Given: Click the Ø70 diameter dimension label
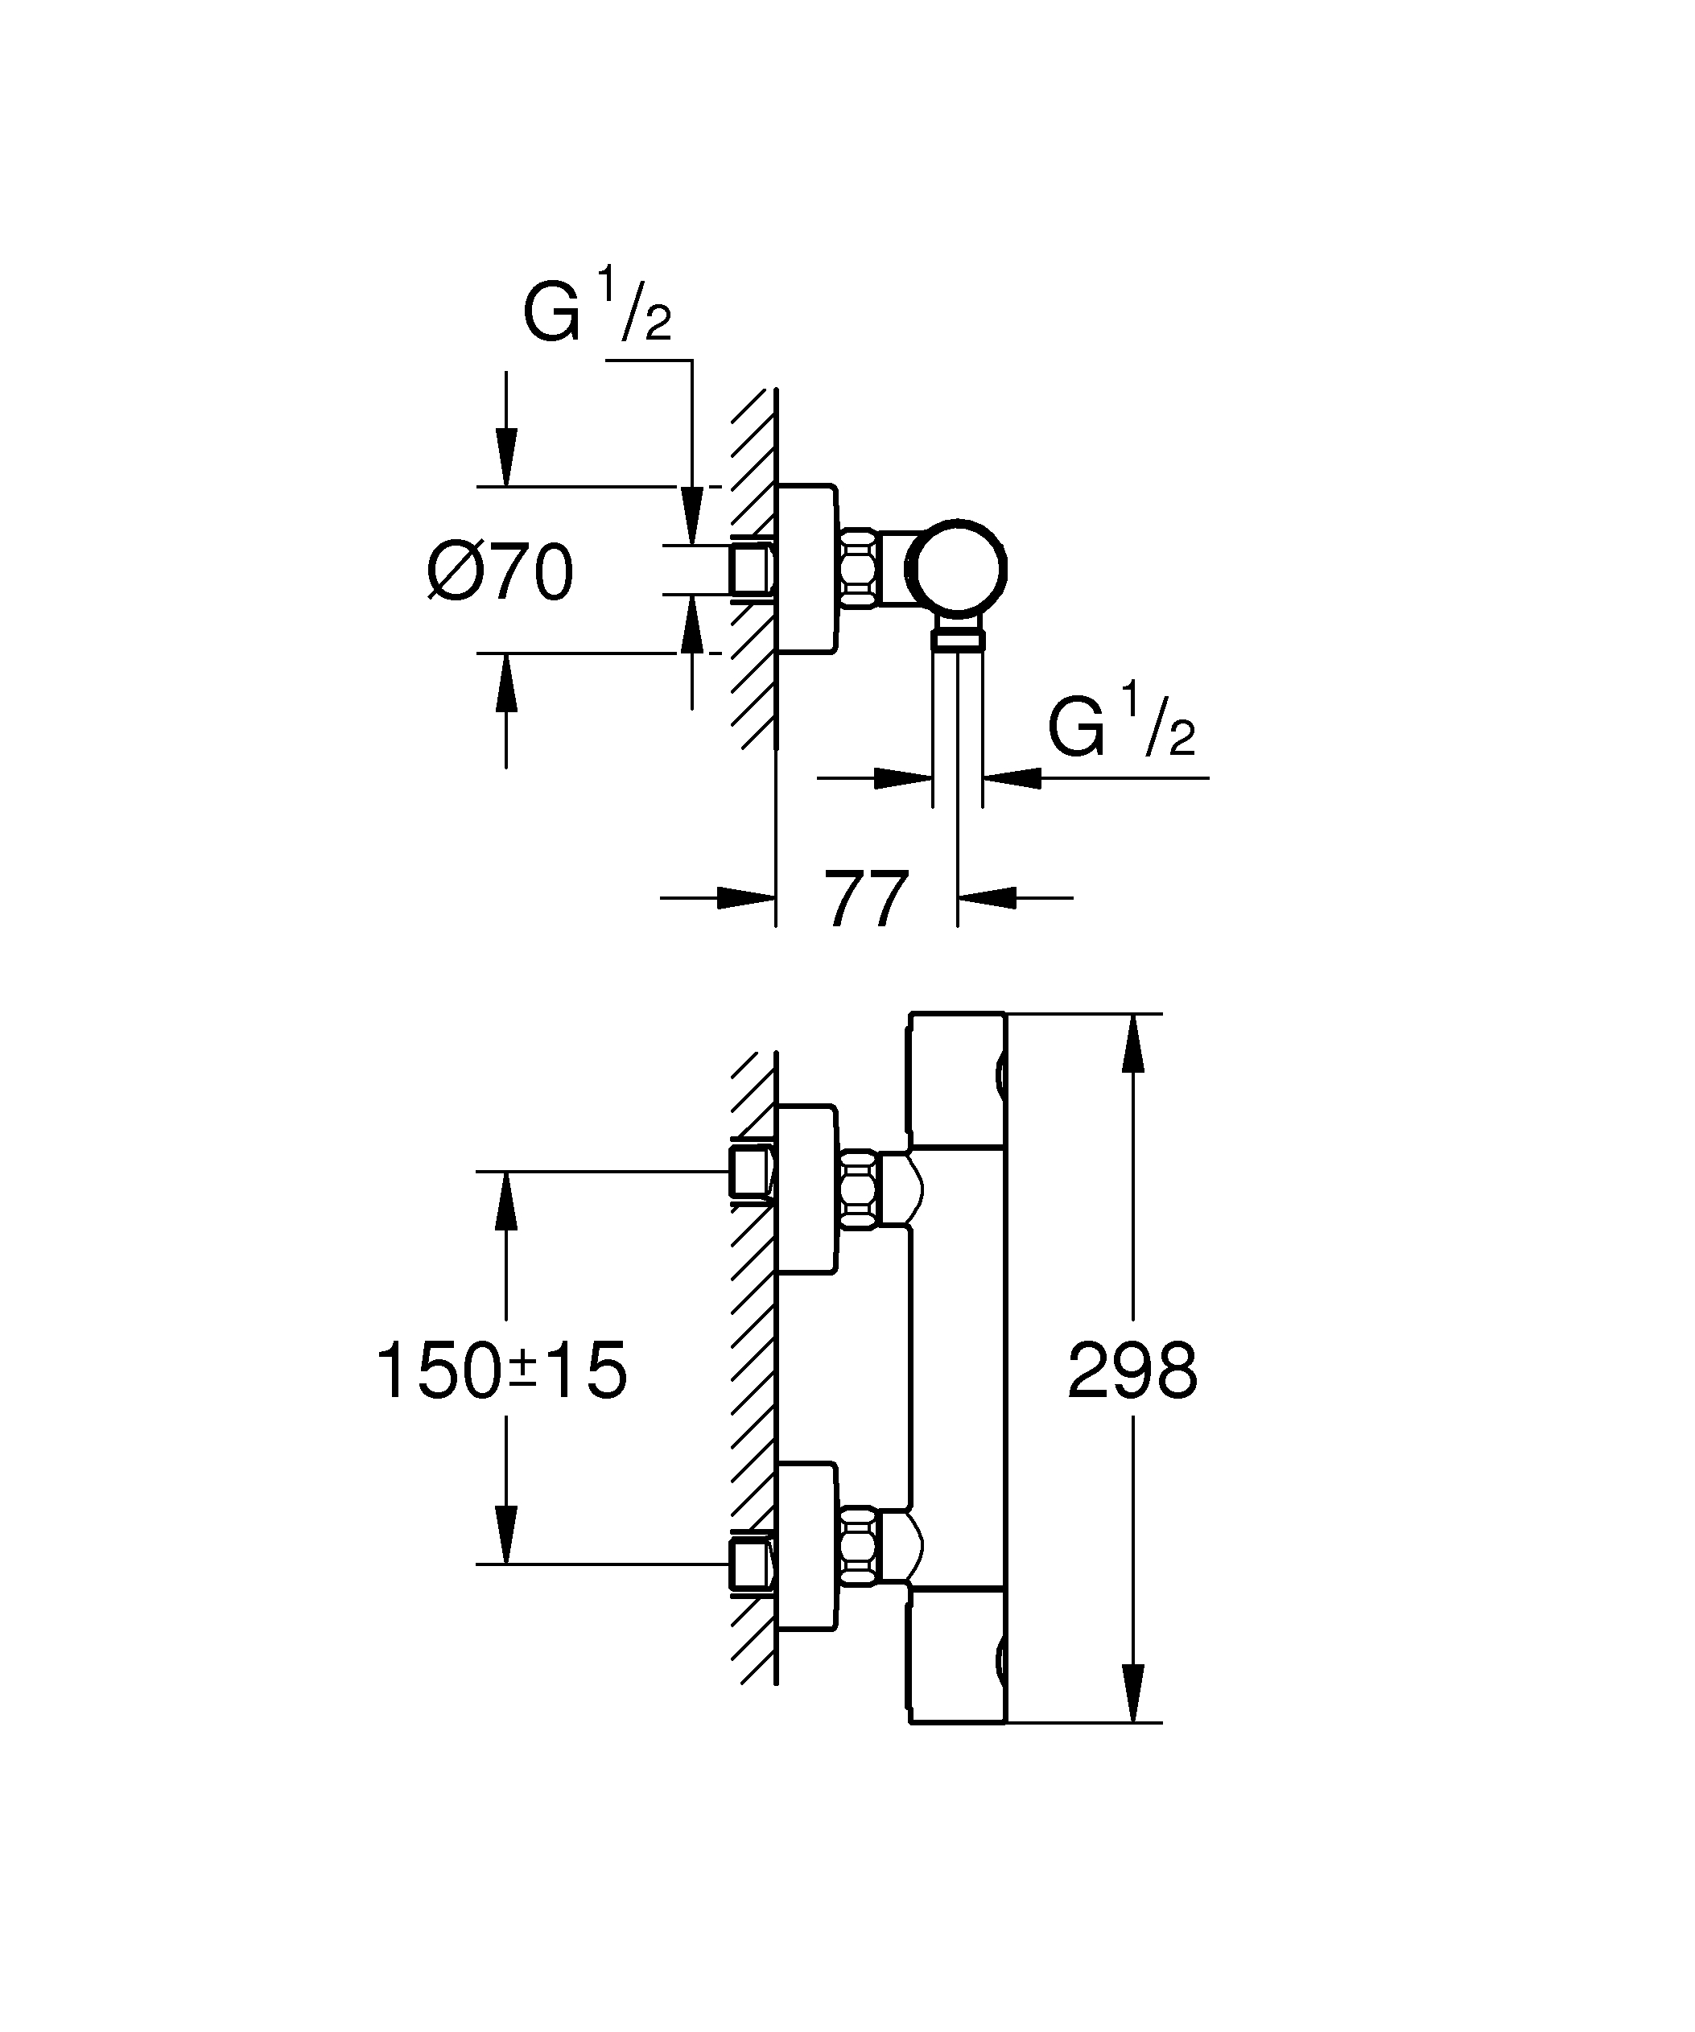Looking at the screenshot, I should [x=500, y=573].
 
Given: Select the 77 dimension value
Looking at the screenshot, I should [x=866, y=900].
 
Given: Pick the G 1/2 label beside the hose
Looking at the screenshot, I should [x=1121, y=723].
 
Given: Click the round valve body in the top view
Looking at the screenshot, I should [x=957, y=569].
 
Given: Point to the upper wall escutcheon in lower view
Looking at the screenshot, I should [x=806, y=1189].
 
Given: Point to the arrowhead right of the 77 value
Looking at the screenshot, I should [x=988, y=898].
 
